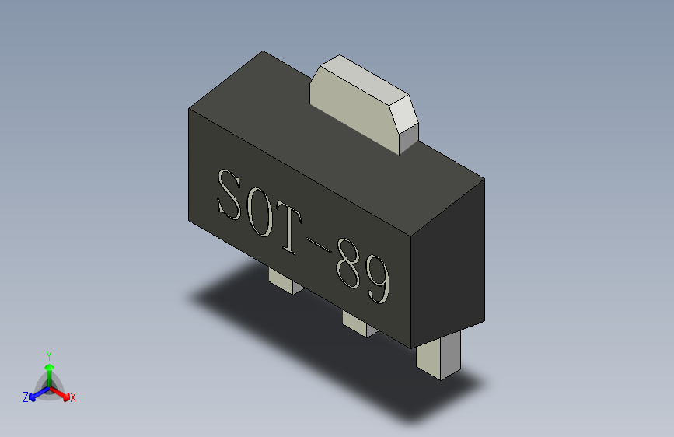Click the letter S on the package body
point(231,195)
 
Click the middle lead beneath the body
point(358,325)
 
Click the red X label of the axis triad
point(73,397)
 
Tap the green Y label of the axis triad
point(48,353)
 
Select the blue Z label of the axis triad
point(26,397)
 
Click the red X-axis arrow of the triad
point(62,392)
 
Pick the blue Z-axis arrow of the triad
point(35,393)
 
